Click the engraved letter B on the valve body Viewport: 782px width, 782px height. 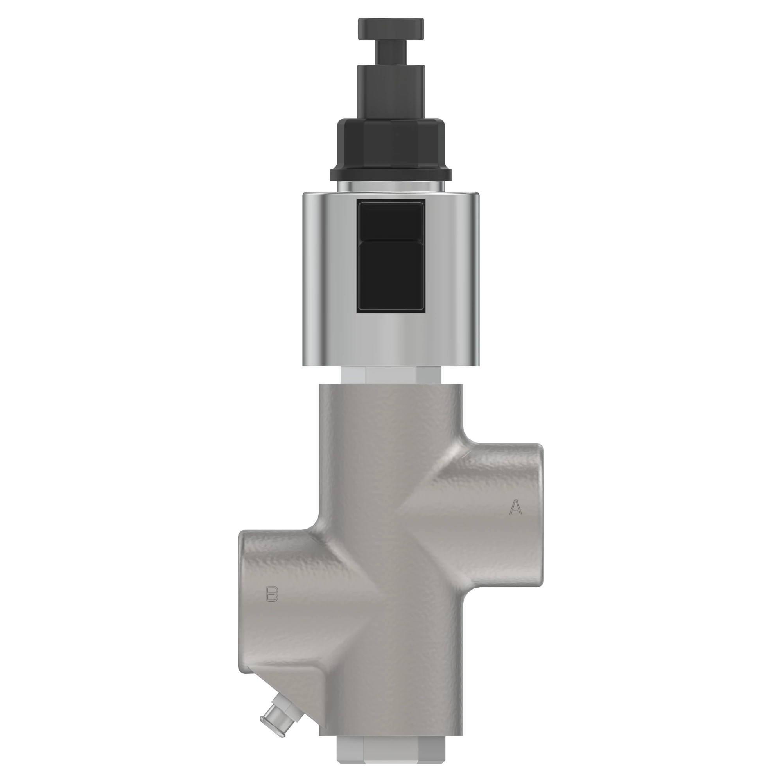tap(272, 594)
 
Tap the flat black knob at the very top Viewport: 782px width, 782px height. tap(391, 29)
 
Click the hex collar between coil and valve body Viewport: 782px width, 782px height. tap(391, 375)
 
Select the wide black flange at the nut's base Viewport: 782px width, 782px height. tap(391, 175)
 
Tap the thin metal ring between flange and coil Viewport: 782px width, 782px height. tap(391, 187)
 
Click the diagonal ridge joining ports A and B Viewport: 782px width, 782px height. tap(391, 567)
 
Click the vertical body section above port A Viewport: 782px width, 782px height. tap(391, 425)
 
